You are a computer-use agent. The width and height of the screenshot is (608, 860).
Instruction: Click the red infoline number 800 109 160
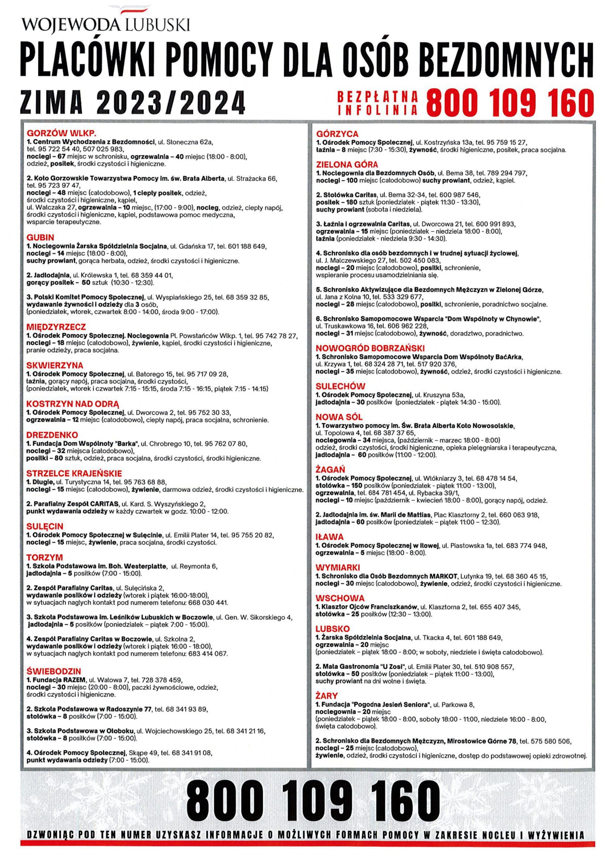510,102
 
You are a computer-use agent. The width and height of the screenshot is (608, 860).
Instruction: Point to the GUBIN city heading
40,238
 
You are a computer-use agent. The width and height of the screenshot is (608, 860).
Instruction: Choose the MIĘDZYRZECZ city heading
56,327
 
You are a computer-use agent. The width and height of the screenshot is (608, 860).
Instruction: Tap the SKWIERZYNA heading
55,365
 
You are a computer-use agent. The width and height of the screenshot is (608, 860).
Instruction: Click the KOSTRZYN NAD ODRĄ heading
72,404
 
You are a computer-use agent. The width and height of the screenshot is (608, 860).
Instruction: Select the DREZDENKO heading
52,435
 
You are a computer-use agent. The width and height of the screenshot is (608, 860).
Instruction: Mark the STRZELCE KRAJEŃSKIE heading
74,473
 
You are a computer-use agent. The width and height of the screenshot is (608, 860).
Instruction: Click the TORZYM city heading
45,557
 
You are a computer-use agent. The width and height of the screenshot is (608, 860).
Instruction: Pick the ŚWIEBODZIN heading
53,671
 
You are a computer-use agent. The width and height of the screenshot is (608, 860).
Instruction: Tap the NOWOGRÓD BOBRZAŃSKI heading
370,348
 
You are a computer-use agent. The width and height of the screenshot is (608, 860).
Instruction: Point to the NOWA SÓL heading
339,417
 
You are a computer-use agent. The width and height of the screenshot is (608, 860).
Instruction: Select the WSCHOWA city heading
340,598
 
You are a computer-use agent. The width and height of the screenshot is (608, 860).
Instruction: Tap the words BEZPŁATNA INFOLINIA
377,102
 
